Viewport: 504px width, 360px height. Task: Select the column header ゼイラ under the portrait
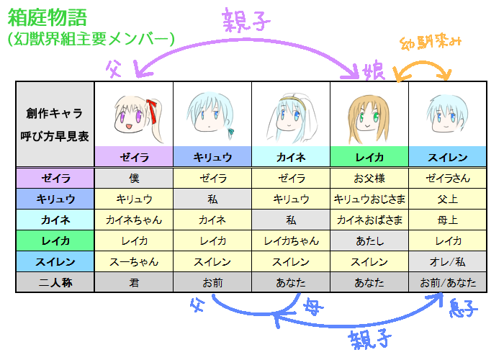(134, 156)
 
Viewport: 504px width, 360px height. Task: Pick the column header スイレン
(448, 156)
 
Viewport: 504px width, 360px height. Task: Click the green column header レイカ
(369, 156)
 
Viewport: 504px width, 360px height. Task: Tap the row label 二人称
(55, 283)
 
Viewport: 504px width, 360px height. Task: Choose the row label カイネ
(55, 220)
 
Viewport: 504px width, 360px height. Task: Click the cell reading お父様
(369, 178)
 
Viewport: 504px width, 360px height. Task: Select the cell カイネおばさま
(369, 220)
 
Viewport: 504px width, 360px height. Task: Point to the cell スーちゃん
(134, 261)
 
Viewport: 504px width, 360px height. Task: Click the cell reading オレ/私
(448, 261)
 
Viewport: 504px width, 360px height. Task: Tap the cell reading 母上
(448, 220)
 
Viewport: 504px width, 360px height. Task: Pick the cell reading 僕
(134, 178)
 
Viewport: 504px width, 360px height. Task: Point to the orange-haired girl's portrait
(368, 115)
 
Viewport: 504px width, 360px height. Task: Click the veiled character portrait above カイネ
(290, 115)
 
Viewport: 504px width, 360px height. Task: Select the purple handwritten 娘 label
(374, 71)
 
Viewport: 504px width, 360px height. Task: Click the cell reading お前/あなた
(448, 283)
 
